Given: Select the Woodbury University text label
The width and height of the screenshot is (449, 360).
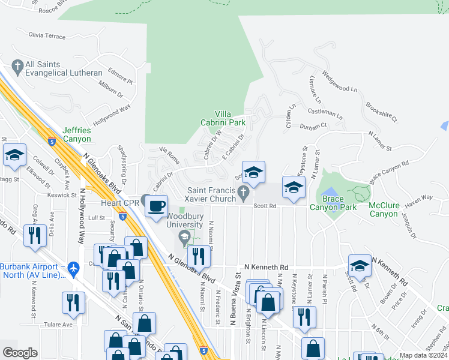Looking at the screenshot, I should point(185,220).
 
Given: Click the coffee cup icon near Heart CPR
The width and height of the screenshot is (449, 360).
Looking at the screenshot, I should point(157,206).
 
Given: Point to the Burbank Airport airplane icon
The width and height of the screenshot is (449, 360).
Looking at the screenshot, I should point(74,267).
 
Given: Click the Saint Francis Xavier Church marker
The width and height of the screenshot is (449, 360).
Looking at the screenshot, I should point(243,193).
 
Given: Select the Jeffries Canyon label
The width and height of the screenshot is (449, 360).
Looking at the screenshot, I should point(77,134).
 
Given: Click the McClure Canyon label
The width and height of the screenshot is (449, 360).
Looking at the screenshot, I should point(384,209).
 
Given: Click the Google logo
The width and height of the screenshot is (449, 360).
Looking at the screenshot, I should point(20,352).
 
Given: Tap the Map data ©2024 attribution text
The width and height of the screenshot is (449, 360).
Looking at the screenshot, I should point(423,355).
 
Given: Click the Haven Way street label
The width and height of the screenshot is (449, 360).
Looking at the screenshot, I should point(418,197).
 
